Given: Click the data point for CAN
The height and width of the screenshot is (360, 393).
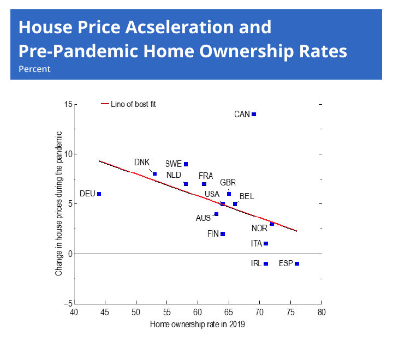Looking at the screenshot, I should (x=254, y=115).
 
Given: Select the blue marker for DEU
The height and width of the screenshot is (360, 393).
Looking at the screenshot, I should (x=99, y=194).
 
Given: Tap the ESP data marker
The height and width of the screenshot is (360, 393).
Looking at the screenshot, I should (x=297, y=263).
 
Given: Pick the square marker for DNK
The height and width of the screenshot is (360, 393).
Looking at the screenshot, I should (x=154, y=174).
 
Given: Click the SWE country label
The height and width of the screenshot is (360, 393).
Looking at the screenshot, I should (x=173, y=164).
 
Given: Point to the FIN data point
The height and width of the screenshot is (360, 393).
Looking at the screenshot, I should (x=223, y=234).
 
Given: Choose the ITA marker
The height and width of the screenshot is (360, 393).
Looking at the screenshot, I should (x=266, y=243).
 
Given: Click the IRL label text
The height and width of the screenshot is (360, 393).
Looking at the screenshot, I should (x=256, y=263).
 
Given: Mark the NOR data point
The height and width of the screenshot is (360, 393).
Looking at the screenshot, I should (x=272, y=224).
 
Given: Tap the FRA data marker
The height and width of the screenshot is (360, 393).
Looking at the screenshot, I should (x=204, y=184).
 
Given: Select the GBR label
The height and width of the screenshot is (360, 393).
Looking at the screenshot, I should (x=228, y=183).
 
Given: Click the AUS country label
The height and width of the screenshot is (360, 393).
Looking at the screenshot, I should (x=203, y=218).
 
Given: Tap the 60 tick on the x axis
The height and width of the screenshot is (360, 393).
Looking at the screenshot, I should (x=198, y=313).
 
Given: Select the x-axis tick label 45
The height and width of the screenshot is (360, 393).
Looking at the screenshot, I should (x=105, y=313).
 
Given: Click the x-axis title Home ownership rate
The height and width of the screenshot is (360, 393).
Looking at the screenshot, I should (x=198, y=325).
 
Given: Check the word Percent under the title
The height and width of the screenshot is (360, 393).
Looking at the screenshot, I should (x=34, y=69).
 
